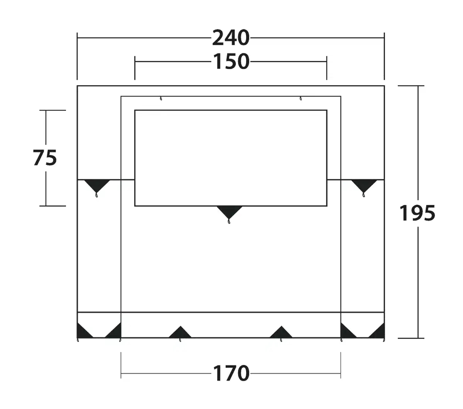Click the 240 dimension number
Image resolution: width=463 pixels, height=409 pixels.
click(x=231, y=38)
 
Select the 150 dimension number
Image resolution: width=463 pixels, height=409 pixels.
click(x=231, y=61)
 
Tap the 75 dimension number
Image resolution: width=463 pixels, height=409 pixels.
click(x=45, y=158)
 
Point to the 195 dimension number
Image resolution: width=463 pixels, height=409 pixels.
click(x=417, y=213)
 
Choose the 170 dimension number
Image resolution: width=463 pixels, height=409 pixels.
click(x=231, y=373)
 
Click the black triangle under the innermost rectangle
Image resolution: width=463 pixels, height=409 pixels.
click(x=229, y=212)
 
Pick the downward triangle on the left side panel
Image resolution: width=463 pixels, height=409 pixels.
click(x=97, y=186)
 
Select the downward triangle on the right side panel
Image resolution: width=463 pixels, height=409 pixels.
click(x=364, y=186)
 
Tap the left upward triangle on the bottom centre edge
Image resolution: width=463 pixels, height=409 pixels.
click(x=180, y=332)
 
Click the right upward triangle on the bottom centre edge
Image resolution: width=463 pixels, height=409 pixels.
click(x=281, y=332)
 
